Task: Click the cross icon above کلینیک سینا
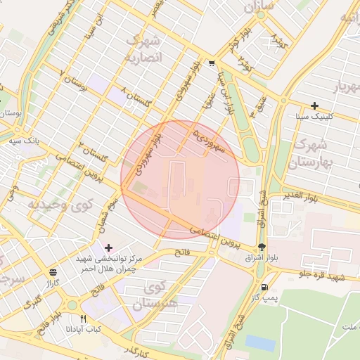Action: [x=314, y=105]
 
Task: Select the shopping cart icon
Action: [x=212, y=64]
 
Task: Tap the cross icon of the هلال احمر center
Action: [x=108, y=247]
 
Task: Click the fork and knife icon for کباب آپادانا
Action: [x=84, y=318]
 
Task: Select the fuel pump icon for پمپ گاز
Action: [x=264, y=287]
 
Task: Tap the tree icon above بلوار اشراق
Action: [x=262, y=247]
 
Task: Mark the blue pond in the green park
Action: [x=260, y=342]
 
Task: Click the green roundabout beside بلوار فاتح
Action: [x=71, y=306]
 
